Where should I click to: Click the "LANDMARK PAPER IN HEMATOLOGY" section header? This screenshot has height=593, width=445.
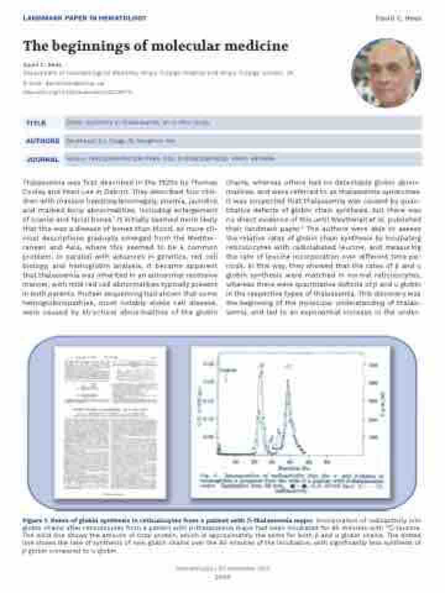[x=85, y=18]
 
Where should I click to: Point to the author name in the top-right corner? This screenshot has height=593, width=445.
[x=407, y=19]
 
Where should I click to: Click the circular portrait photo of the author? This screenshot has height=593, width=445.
[x=386, y=73]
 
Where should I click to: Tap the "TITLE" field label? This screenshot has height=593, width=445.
[x=35, y=123]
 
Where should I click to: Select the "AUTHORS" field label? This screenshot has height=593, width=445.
[x=42, y=141]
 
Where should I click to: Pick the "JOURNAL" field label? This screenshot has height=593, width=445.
[x=42, y=159]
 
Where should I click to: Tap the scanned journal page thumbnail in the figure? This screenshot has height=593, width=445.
[x=110, y=422]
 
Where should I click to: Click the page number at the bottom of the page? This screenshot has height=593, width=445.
[x=222, y=578]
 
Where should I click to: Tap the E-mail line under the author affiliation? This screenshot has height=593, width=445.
[x=53, y=82]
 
